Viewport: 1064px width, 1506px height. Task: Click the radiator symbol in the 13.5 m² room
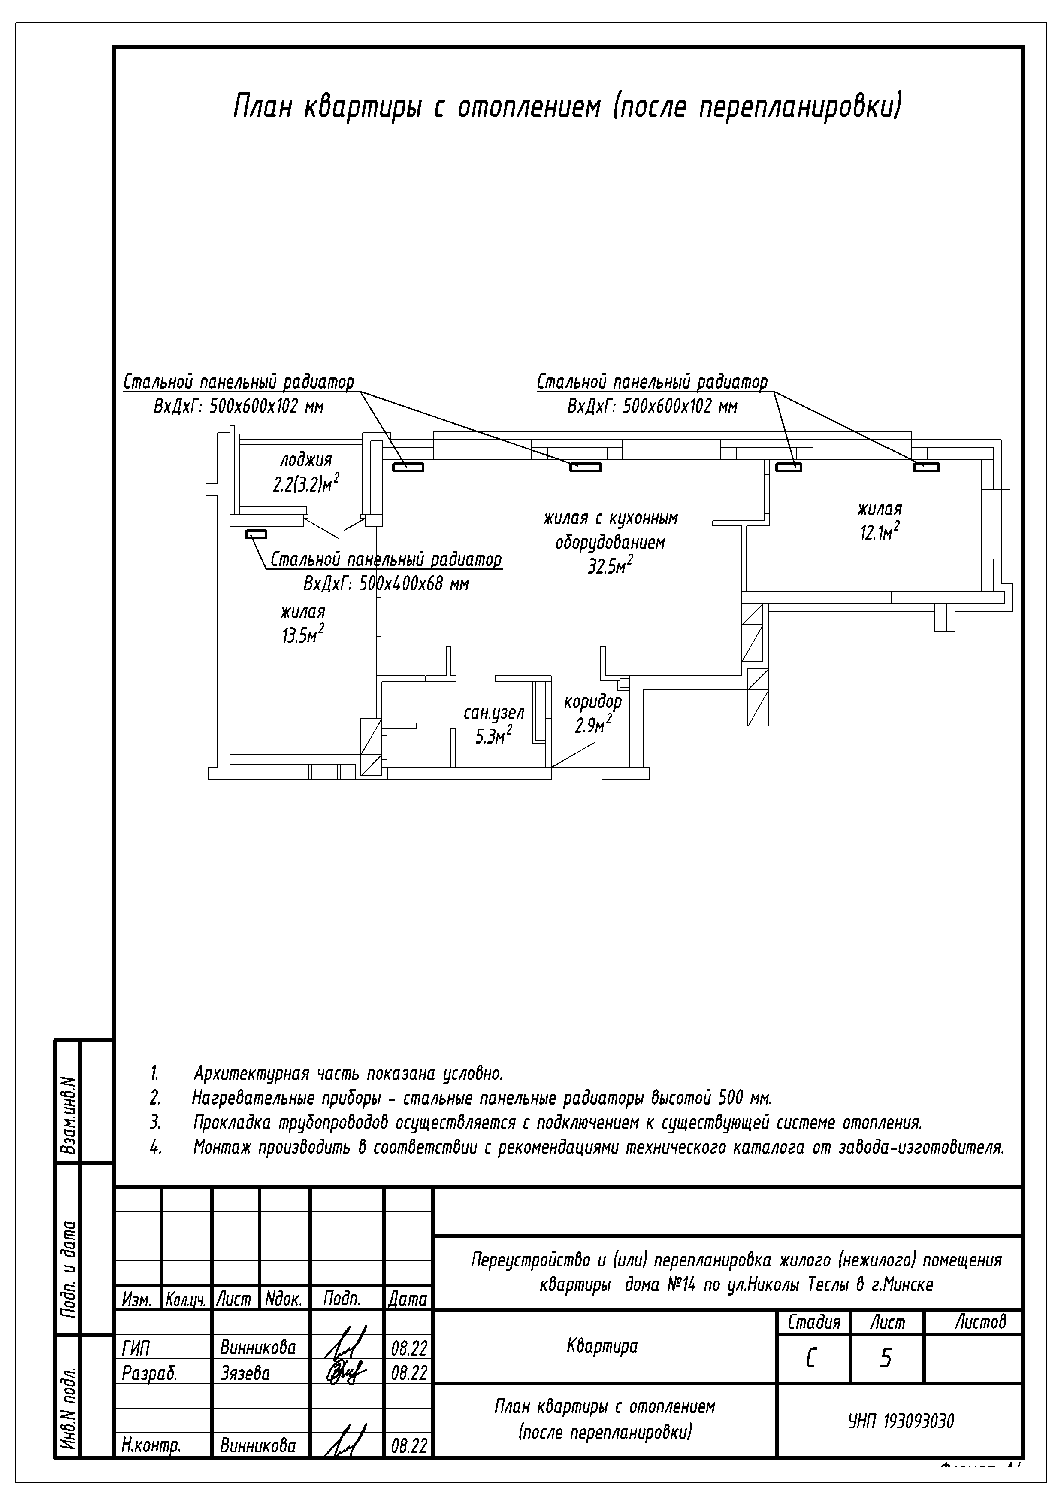(256, 534)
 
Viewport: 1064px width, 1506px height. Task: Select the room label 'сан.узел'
(494, 713)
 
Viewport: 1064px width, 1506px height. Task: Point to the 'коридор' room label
(592, 702)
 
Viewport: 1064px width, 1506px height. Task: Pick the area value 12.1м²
(879, 533)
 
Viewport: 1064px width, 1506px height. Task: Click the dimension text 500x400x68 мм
(414, 584)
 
